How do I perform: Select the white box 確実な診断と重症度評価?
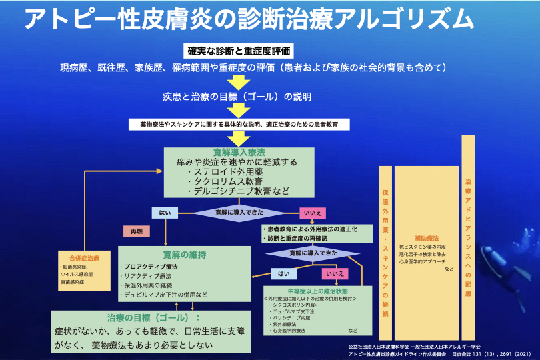[x=238, y=51]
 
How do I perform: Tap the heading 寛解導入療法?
[x=239, y=153]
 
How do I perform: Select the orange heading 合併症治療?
[x=85, y=258]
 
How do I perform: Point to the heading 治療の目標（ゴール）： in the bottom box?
[x=154, y=317]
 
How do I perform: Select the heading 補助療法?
[x=426, y=238]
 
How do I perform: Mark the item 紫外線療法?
[x=286, y=324]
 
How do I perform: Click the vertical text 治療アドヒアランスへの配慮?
[x=468, y=237]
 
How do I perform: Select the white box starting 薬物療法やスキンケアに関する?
[x=238, y=125]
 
